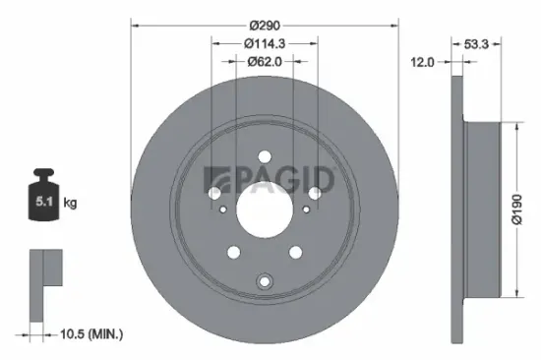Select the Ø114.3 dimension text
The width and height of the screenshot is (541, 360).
[264, 42]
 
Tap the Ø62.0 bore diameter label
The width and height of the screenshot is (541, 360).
[264, 61]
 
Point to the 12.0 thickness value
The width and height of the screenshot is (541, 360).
[423, 62]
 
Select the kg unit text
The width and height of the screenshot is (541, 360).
[71, 204]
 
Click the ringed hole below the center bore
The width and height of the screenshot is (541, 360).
[264, 283]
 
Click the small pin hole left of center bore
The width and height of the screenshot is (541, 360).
[225, 209]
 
